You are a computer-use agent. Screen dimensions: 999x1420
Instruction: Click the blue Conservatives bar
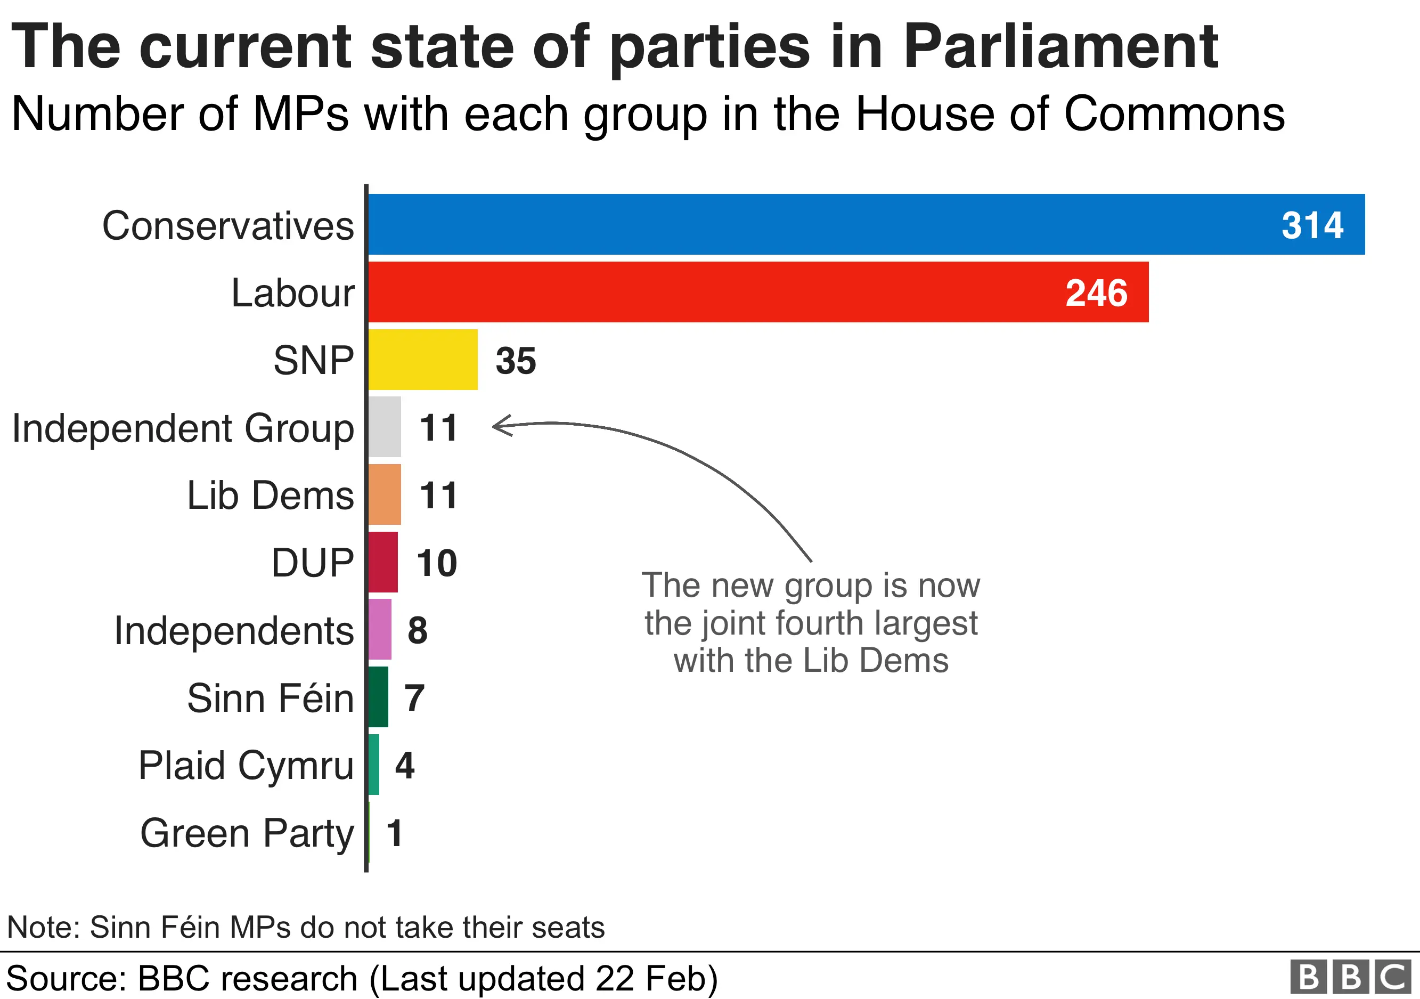(x=866, y=224)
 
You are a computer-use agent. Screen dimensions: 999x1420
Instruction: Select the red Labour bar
(x=757, y=292)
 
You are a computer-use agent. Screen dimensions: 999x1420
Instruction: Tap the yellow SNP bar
(x=423, y=360)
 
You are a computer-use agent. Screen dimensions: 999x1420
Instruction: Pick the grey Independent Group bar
(x=385, y=427)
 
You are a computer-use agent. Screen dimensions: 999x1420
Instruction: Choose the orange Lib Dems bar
(x=385, y=494)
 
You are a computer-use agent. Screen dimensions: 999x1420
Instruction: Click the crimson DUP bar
(x=383, y=562)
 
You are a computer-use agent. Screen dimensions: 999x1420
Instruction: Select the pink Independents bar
(x=380, y=629)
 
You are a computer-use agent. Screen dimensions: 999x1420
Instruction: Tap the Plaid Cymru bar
(x=373, y=765)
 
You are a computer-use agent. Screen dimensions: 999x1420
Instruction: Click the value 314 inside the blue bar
(x=1312, y=225)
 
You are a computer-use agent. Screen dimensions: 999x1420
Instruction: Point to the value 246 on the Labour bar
(x=1097, y=293)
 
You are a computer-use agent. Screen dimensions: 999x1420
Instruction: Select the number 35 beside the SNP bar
(x=516, y=361)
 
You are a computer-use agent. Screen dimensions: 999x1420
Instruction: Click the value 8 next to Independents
(x=418, y=630)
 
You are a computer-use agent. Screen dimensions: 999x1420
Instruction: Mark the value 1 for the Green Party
(x=395, y=833)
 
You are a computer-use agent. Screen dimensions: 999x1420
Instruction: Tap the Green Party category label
(x=247, y=833)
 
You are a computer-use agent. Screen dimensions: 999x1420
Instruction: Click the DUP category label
(x=312, y=563)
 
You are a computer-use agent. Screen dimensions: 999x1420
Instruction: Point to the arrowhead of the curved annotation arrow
(x=496, y=426)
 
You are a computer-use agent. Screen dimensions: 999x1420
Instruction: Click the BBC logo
(x=1351, y=977)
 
